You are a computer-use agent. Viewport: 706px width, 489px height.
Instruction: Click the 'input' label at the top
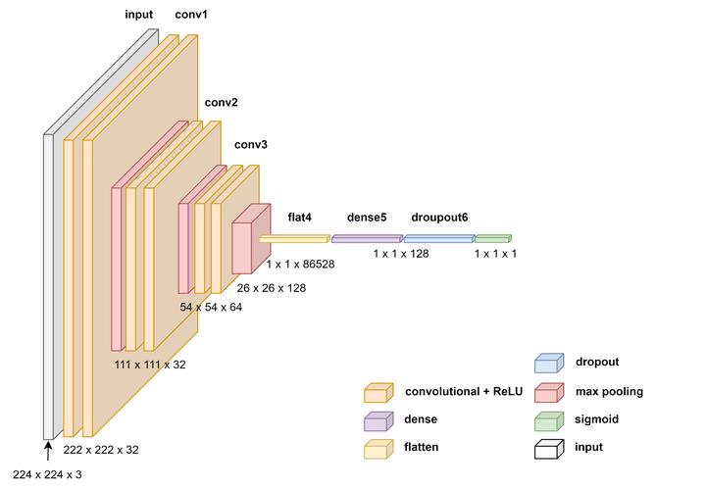[x=139, y=16]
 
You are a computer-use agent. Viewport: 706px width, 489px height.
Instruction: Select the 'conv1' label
[x=191, y=16]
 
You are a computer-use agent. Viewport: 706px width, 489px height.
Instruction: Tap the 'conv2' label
[x=221, y=102]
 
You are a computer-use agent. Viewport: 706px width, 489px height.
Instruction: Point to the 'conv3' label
[x=250, y=145]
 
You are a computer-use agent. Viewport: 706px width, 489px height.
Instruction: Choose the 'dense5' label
[x=367, y=216]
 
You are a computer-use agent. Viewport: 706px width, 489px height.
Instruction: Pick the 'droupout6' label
[x=439, y=216]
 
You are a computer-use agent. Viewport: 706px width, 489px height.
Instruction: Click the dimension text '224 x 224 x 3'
[x=49, y=474]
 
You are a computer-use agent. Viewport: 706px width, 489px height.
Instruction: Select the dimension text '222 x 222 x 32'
[x=101, y=450]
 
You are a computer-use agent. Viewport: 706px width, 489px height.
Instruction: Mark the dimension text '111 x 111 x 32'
[x=150, y=365]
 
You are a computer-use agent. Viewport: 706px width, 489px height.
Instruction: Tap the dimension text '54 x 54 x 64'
[x=211, y=307]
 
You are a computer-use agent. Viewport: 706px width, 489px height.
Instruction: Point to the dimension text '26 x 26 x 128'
[x=272, y=288]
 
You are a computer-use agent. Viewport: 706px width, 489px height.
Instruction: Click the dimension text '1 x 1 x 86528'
[x=300, y=265]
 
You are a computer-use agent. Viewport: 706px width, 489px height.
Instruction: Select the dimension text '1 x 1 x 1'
[x=495, y=254]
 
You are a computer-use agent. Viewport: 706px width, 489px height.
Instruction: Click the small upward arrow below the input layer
[x=47, y=450]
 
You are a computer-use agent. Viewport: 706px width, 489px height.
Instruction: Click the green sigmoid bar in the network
[x=492, y=238]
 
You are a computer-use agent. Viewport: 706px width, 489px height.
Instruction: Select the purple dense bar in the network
[x=367, y=238]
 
